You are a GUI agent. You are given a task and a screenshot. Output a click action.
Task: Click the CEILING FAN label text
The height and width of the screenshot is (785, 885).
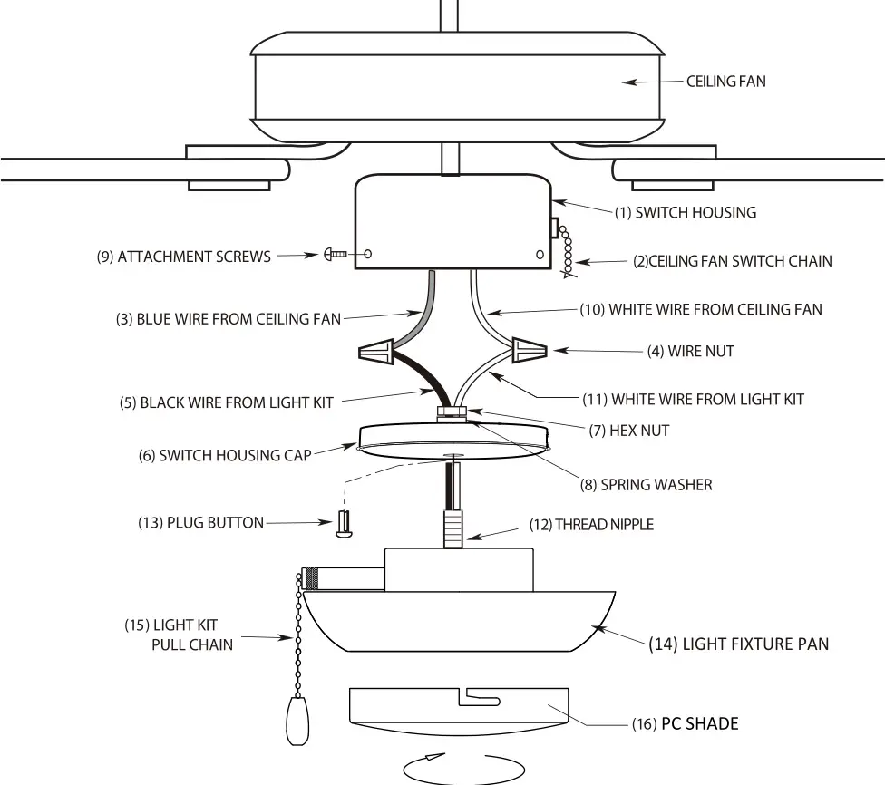[725, 82]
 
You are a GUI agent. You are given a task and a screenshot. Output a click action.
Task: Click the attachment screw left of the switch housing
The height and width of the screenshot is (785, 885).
[335, 256]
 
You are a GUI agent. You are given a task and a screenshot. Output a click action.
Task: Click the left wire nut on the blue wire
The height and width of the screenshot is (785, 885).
[379, 350]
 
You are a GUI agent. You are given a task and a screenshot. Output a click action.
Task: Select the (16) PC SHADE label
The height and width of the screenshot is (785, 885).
[686, 723]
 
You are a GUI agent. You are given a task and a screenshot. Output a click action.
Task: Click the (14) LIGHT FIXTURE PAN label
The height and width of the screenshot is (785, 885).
[736, 644]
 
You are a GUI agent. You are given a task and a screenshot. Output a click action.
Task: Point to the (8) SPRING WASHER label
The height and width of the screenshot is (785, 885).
[646, 485]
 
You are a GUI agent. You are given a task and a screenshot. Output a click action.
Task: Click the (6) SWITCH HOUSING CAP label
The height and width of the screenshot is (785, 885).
[224, 455]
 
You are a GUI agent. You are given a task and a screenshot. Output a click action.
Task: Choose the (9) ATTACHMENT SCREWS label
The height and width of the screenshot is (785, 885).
[183, 257]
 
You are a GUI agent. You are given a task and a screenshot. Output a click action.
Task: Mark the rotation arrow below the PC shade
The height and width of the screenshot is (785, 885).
[451, 766]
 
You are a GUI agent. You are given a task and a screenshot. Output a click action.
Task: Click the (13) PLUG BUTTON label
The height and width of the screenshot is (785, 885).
[200, 523]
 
